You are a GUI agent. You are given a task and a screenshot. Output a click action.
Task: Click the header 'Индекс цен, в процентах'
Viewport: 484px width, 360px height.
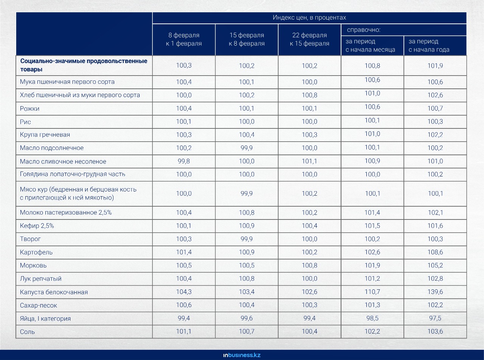click(x=309, y=17)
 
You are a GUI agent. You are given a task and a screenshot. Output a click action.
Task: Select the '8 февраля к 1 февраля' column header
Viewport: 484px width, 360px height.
click(x=184, y=39)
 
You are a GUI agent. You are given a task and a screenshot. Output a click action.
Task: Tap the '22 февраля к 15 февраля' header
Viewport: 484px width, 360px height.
click(x=309, y=39)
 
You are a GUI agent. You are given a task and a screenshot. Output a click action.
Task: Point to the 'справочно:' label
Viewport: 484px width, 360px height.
click(x=363, y=30)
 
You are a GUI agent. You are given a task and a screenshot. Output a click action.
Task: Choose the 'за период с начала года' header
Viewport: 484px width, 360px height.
click(x=429, y=45)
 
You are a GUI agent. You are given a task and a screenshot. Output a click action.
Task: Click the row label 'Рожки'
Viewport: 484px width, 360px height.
click(x=29, y=108)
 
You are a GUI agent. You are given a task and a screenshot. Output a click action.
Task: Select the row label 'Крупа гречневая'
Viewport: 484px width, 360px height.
click(x=45, y=134)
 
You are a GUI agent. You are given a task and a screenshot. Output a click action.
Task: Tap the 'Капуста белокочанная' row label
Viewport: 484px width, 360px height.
click(x=54, y=292)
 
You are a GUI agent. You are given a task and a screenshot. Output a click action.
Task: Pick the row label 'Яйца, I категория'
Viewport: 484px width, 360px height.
click(x=45, y=318)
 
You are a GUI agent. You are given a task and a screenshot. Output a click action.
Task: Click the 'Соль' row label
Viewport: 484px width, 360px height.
click(x=27, y=332)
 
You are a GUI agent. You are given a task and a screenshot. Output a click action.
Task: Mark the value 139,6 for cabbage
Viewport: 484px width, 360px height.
click(x=435, y=292)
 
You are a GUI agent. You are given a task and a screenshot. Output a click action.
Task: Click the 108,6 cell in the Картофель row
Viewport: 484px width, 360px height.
click(x=435, y=252)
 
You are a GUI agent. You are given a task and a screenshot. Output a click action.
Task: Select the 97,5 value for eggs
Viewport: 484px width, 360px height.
click(x=435, y=318)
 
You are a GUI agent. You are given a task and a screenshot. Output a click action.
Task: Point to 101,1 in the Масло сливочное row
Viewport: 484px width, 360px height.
click(x=309, y=161)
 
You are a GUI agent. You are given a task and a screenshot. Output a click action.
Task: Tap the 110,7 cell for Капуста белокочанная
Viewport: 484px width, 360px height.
click(x=372, y=292)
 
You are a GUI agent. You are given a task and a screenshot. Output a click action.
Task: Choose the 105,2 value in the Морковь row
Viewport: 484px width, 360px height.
click(x=435, y=265)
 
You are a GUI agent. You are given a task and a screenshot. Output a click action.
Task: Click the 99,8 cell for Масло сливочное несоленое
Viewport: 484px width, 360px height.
click(x=184, y=161)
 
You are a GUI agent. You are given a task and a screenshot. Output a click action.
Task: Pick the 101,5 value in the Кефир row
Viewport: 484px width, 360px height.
click(x=372, y=226)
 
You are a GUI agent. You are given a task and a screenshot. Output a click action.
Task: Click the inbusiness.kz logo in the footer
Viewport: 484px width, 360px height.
click(x=242, y=355)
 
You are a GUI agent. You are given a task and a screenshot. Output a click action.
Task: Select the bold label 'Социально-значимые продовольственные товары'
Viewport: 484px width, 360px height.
click(x=84, y=65)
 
